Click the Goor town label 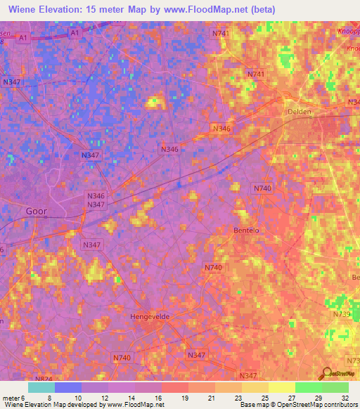point(38,210)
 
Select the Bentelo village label point(247,231)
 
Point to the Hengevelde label point(151,318)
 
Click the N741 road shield point(256,74)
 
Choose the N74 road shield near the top point(219,34)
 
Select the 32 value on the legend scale point(344,397)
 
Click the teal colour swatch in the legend point(41,387)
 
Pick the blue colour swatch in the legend point(68,387)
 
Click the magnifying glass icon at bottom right point(326,374)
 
